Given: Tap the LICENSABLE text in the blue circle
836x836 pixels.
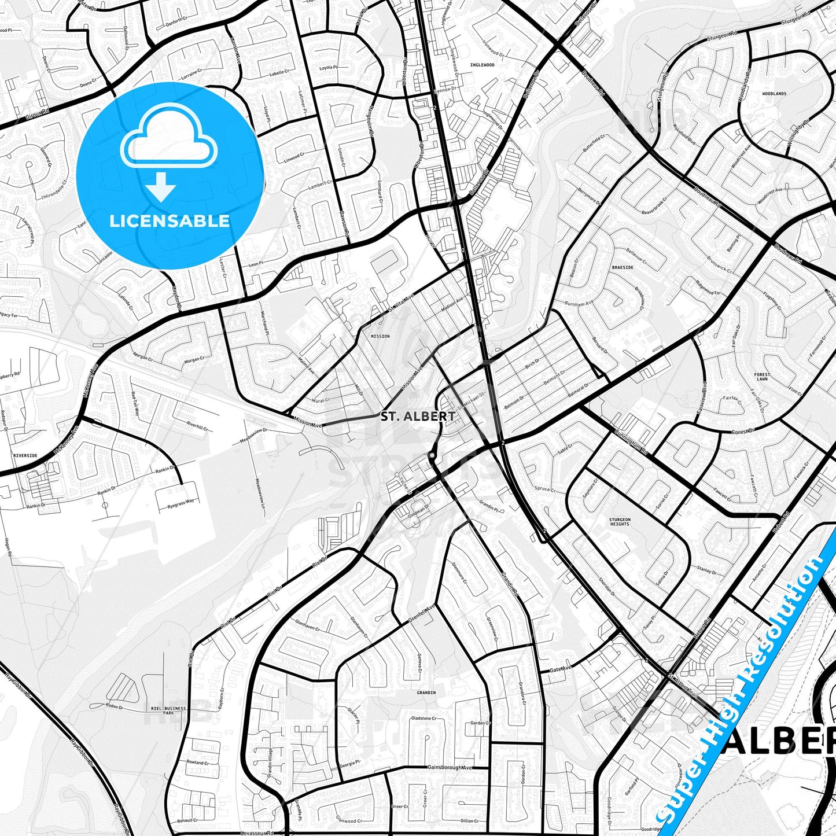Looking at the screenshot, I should click(170, 221).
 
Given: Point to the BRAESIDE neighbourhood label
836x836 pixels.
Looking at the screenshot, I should click(622, 268).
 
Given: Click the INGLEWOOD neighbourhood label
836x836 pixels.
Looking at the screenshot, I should click(482, 65).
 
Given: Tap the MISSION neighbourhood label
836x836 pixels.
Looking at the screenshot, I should click(380, 336).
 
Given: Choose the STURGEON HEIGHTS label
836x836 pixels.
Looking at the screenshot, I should click(620, 522).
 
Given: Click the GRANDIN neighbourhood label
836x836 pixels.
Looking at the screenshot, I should click(426, 693).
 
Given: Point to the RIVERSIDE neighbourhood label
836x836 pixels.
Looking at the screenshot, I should click(25, 456).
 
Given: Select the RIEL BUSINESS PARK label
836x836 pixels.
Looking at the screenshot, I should click(168, 710).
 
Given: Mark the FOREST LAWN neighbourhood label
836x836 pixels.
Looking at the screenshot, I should click(762, 377).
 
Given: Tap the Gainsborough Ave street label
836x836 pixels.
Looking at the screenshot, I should click(450, 768).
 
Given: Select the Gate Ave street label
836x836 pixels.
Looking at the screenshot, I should click(560, 669).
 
